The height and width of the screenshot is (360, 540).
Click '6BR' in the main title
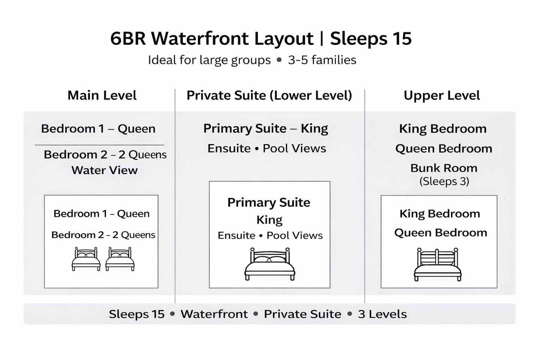click(128, 38)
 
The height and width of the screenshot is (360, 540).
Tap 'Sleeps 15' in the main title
click(371, 38)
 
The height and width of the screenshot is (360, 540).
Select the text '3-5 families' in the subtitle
click(322, 60)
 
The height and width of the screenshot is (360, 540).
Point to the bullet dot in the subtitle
click(279, 60)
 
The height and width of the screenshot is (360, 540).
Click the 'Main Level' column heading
click(102, 95)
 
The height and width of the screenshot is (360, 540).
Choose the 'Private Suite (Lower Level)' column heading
click(269, 96)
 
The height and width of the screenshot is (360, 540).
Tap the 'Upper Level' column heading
click(442, 96)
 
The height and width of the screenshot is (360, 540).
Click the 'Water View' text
click(104, 170)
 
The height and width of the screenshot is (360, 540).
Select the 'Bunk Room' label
click(444, 168)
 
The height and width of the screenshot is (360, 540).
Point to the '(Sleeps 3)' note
click(444, 181)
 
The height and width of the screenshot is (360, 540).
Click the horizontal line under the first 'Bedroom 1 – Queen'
click(99, 145)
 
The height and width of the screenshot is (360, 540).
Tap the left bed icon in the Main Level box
click(86, 259)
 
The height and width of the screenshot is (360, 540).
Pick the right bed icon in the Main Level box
click(120, 259)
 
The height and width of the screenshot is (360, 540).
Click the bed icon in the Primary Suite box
click(270, 264)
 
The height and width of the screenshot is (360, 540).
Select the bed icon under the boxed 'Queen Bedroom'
click(438, 264)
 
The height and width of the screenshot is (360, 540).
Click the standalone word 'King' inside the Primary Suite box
click(269, 220)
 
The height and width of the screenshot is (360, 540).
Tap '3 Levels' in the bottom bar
click(382, 314)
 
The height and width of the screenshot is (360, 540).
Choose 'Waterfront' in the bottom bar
click(214, 314)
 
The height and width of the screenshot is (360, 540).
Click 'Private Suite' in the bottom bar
click(303, 314)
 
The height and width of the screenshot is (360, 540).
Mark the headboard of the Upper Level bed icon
click(438, 257)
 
